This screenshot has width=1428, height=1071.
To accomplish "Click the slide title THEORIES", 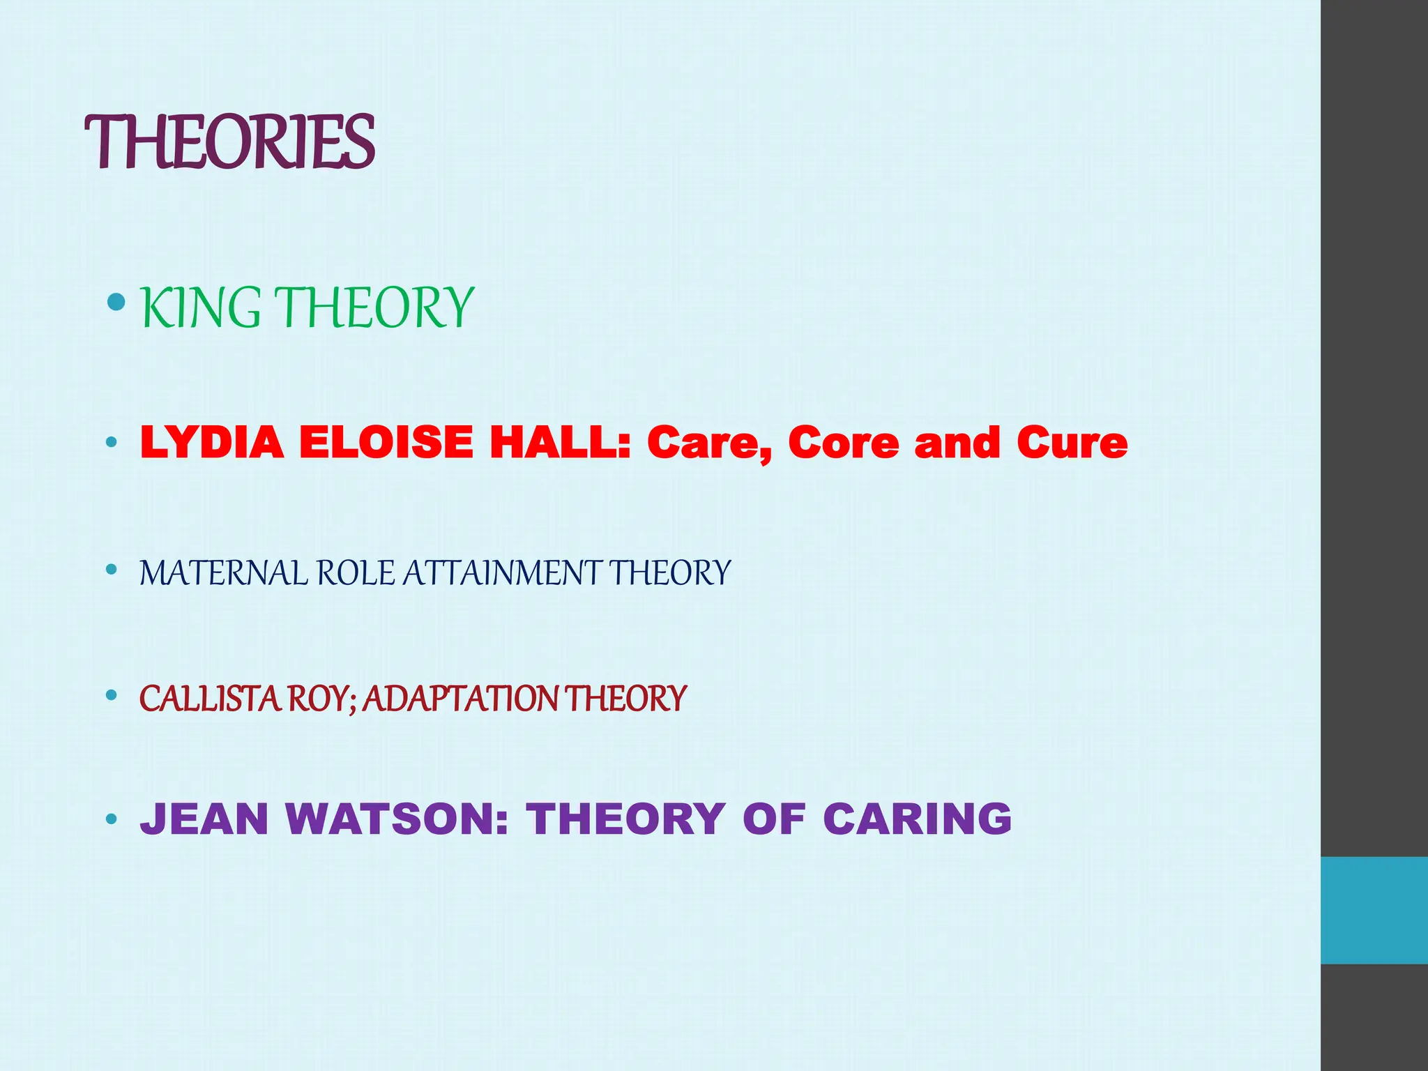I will click(x=229, y=142).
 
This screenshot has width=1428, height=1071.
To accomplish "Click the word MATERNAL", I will click(x=223, y=573).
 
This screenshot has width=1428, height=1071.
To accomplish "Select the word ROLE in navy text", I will click(x=356, y=573).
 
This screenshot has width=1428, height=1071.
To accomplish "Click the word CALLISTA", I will click(x=210, y=699).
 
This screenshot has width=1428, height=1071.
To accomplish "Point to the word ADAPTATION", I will click(x=461, y=699).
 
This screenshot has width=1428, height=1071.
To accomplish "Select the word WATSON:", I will click(x=397, y=819).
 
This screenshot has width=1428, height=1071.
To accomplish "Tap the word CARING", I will click(x=917, y=819).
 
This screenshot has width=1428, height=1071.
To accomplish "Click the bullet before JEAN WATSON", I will click(x=111, y=819).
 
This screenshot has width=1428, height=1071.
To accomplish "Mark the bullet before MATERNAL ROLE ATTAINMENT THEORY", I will click(x=111, y=570).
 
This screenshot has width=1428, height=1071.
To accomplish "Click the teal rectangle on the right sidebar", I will click(x=1374, y=910).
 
